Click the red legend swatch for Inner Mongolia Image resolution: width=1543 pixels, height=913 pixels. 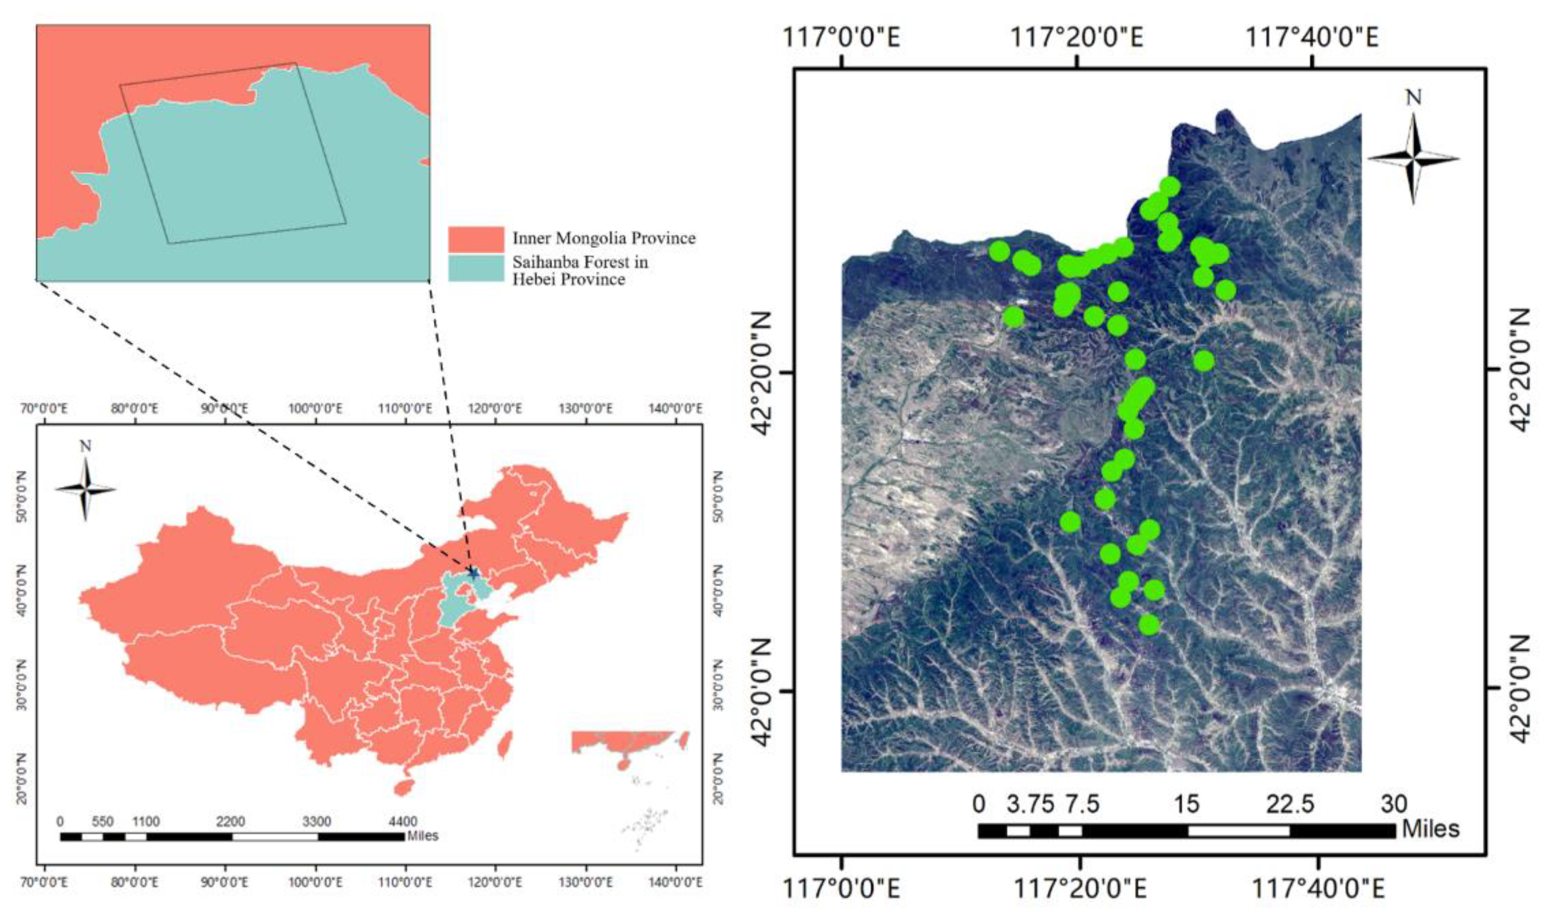click(x=475, y=238)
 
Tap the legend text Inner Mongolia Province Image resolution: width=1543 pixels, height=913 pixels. click(x=604, y=238)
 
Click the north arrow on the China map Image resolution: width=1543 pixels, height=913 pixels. click(x=86, y=489)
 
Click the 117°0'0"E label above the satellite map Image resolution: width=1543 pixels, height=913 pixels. click(x=841, y=38)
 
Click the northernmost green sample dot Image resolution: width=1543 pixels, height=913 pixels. click(x=1169, y=186)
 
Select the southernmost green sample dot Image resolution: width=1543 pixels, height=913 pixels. click(x=1149, y=625)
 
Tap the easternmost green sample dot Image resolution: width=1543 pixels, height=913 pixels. click(x=1225, y=290)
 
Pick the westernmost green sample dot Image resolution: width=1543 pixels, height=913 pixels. click(x=999, y=250)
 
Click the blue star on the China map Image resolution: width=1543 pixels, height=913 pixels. click(x=473, y=573)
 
